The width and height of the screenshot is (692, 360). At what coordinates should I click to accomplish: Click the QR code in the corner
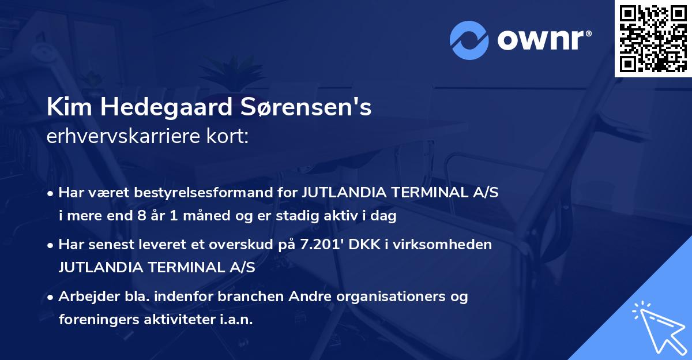(x=653, y=39)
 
